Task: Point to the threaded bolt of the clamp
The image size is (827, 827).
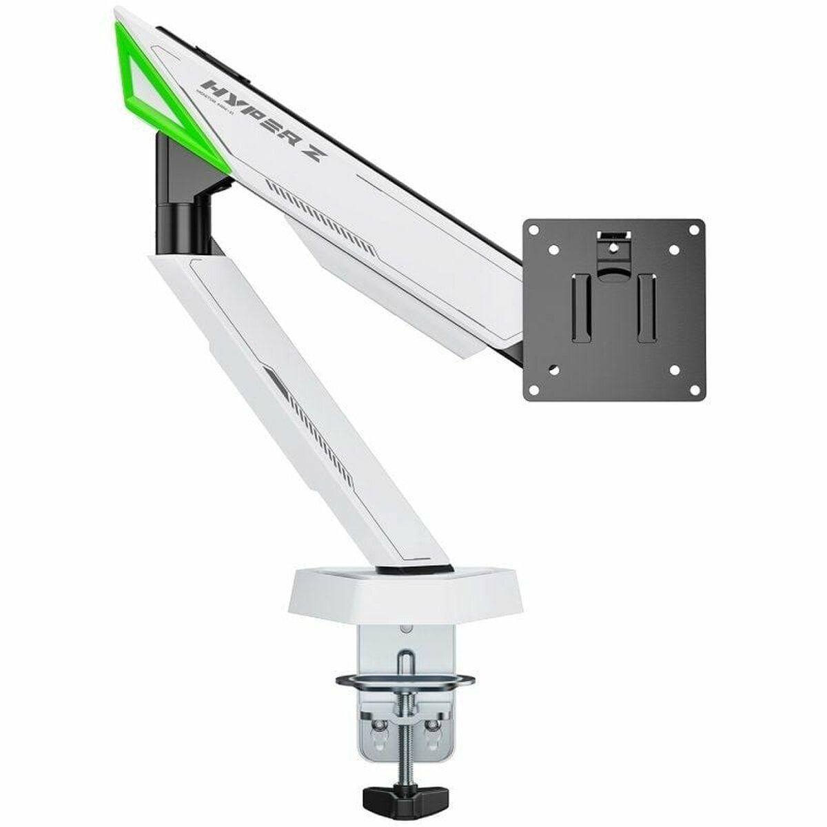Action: (405, 744)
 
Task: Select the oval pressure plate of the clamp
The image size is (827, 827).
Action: (405, 682)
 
